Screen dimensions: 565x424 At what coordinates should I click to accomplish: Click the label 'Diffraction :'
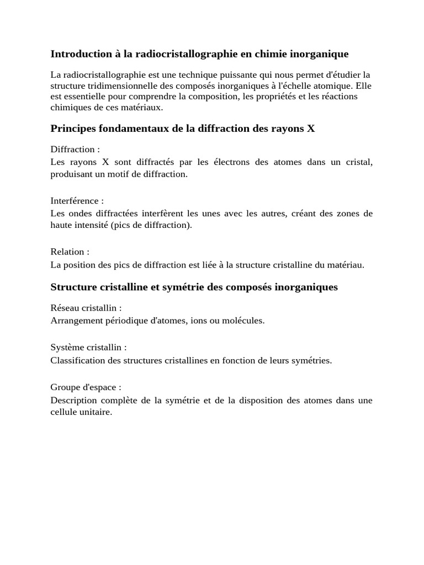(x=75, y=150)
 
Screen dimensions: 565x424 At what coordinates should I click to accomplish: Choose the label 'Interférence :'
(x=77, y=201)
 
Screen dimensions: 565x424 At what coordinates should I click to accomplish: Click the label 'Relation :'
(x=70, y=252)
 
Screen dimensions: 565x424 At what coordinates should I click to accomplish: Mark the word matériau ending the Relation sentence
(x=345, y=265)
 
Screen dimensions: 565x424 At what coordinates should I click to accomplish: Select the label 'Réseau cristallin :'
(x=86, y=308)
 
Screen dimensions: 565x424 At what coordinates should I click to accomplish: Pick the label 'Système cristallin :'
(x=88, y=348)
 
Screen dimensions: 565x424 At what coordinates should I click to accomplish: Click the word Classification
(x=77, y=360)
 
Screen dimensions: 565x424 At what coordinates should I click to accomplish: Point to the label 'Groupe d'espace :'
(x=86, y=387)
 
